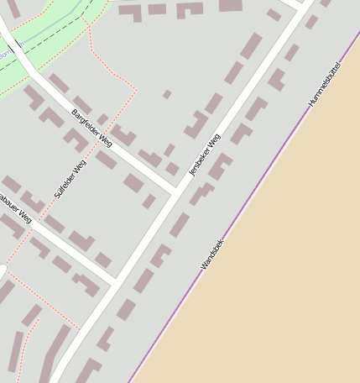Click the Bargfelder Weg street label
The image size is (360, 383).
pyautogui.click(x=91, y=128)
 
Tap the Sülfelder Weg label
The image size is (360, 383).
pyautogui.click(x=70, y=178)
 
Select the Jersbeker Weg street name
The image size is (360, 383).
pyautogui.click(x=204, y=155)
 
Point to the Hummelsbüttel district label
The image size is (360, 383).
pyautogui.click(x=324, y=83)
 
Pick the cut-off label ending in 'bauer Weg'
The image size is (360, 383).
pyautogui.click(x=14, y=208)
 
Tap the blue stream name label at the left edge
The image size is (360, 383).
pyautogui.click(x=4, y=55)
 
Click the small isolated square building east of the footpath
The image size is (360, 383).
pyautogui.click(x=167, y=94)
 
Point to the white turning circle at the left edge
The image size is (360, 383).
pyautogui.click(x=3, y=270)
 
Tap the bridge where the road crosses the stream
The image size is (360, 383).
pyautogui.click(x=15, y=50)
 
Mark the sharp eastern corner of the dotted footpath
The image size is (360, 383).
pyautogui.click(x=136, y=89)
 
